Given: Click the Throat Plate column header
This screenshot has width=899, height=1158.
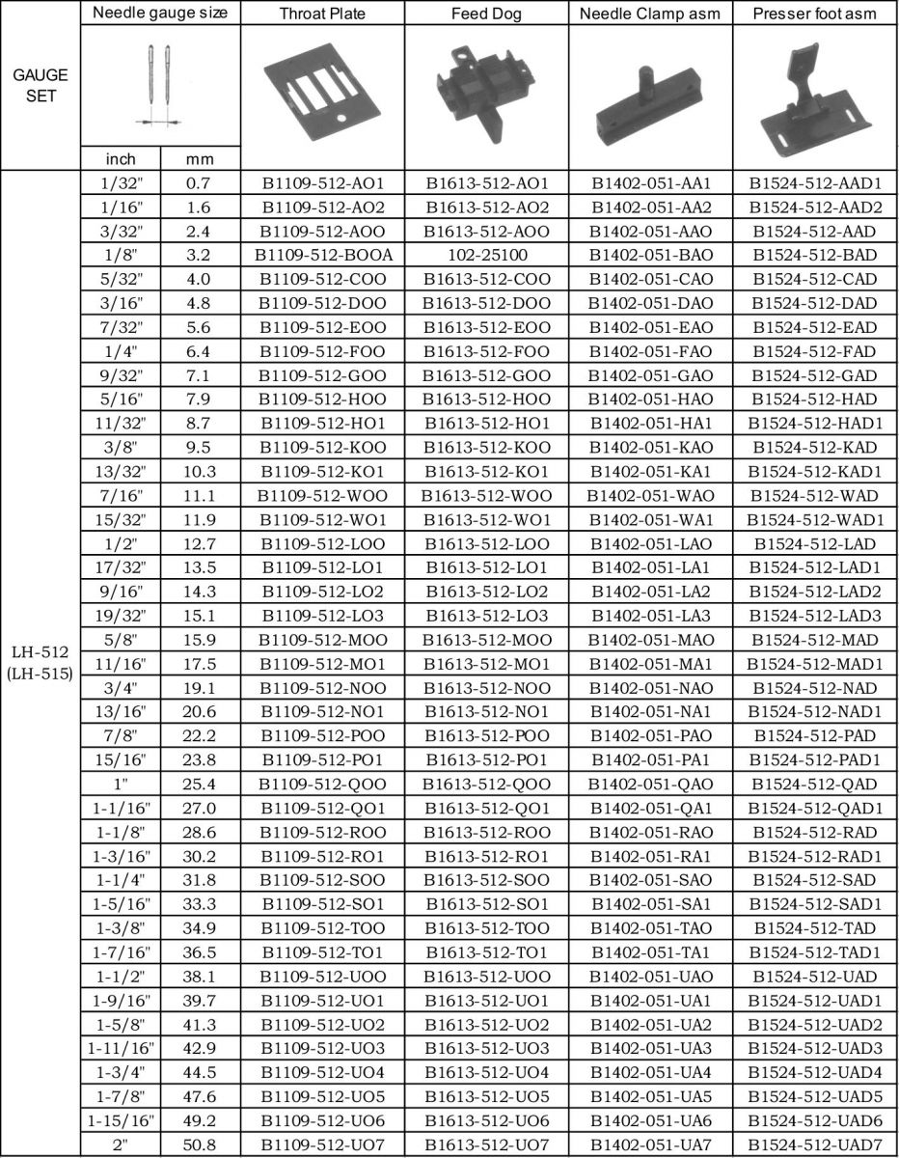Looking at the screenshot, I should (322, 14).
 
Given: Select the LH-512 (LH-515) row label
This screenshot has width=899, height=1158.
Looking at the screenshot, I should (40, 664).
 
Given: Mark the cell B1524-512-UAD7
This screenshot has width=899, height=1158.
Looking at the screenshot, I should (816, 1142).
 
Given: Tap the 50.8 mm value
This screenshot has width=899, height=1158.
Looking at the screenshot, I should (200, 1142).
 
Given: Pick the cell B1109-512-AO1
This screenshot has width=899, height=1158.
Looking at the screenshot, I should (322, 182).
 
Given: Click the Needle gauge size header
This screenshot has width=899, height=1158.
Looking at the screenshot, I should (160, 14).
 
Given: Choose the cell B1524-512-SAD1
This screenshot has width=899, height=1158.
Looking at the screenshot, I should (816, 903).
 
